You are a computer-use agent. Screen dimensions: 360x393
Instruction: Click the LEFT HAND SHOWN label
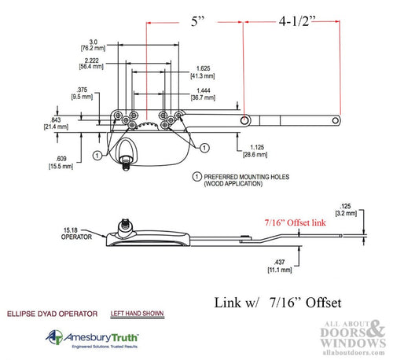(x=138, y=313)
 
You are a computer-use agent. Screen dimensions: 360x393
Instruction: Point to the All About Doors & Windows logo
(x=347, y=335)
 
